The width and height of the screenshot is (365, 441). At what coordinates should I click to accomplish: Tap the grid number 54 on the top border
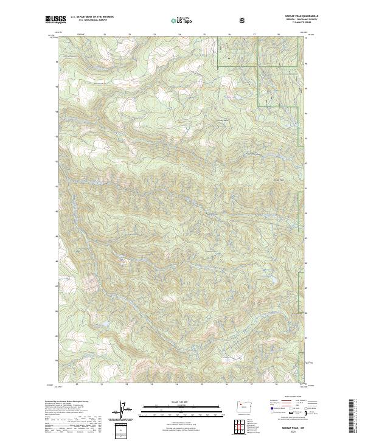point(179,35)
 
